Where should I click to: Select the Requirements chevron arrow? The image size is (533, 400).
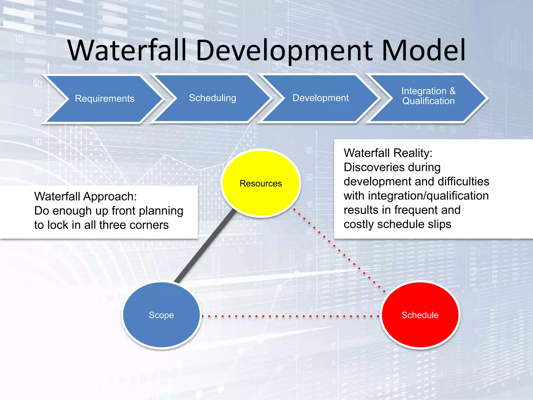point(104,99)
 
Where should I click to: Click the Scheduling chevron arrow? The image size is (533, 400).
point(212,98)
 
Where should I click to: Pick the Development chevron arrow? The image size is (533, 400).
point(320,98)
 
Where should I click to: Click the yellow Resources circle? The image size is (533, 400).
point(261,183)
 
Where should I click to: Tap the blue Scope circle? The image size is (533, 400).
point(161,315)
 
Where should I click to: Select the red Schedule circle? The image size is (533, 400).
point(420,315)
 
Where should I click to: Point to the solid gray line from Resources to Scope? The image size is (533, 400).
point(206,247)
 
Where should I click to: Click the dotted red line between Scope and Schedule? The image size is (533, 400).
point(290,317)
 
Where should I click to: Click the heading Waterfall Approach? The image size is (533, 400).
point(85,197)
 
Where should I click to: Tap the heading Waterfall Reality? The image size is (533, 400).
point(388,153)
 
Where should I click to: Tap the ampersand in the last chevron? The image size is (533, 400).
point(452,91)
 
